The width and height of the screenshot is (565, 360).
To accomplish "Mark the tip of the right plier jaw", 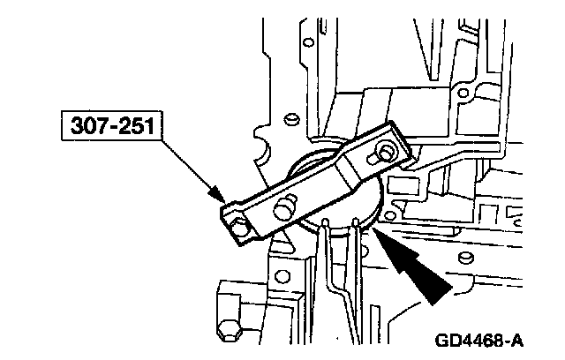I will click(354, 217).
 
